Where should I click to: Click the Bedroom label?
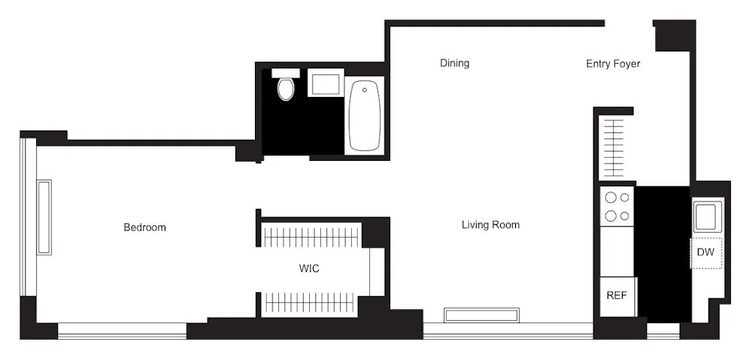point(144,227)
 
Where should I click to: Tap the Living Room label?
point(490,225)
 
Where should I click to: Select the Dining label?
point(454,63)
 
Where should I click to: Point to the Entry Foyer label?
point(613,64)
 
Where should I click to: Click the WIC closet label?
point(309,268)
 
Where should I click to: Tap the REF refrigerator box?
point(617,295)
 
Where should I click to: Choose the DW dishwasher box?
point(706,253)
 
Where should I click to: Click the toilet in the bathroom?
point(286,89)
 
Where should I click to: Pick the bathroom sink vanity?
point(326,82)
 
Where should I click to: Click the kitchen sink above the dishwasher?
point(708,216)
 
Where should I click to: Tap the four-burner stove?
point(617,207)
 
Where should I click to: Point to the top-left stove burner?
point(611,198)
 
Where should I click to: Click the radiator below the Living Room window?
point(481,314)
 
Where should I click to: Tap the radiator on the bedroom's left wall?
point(44,217)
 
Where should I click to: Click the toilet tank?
point(286,73)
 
